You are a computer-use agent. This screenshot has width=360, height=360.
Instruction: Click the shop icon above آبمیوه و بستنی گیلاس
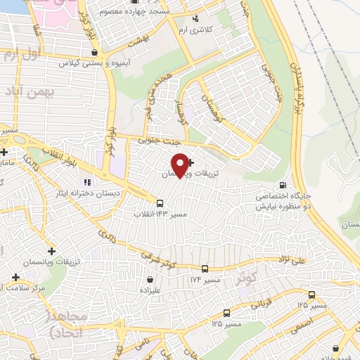[x=95, y=51]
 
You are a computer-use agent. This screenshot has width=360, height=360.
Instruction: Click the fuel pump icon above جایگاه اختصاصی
[x=281, y=177]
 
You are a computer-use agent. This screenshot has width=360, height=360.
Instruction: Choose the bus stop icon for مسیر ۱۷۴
[x=205, y=269]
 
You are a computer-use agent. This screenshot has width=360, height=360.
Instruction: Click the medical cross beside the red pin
[x=191, y=162]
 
